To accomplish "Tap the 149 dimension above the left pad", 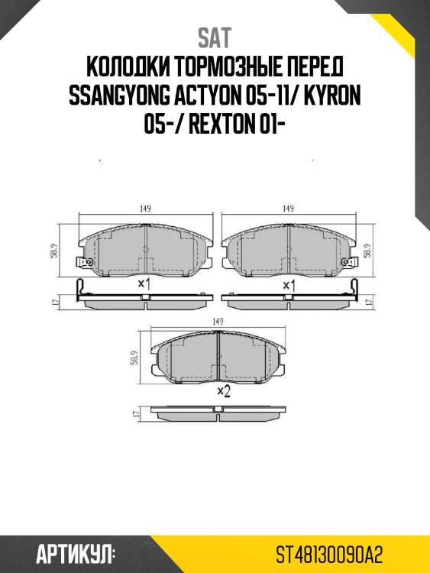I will tap(144, 208).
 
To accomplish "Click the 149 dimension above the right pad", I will tap(288, 208).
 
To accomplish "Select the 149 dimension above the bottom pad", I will tap(217, 321).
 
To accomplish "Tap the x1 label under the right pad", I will tap(289, 284).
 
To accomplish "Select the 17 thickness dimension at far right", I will tap(371, 303).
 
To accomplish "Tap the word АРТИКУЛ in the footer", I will tap(75, 552).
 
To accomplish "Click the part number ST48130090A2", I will tap(329, 552).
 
